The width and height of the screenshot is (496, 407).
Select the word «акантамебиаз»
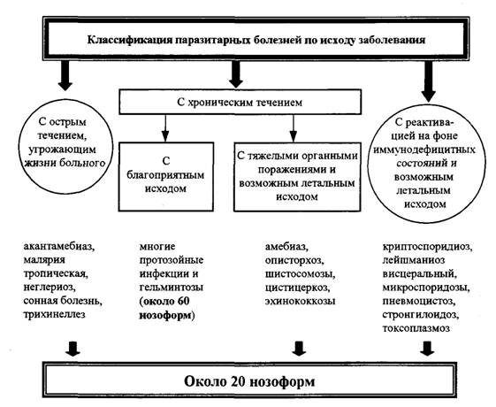click(59, 246)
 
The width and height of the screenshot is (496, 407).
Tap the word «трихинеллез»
click(54, 315)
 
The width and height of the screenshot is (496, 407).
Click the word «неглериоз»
click(50, 288)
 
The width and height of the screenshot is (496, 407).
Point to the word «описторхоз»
click(294, 260)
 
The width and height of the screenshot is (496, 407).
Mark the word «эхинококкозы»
click(300, 301)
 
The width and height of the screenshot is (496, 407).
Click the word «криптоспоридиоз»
click(428, 247)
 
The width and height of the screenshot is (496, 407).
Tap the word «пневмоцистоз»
click(419, 301)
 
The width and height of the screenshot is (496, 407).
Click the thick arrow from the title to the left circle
click(65, 75)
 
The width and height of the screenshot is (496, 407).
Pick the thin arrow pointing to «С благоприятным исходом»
click(165, 128)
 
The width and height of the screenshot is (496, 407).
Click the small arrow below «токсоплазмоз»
click(427, 348)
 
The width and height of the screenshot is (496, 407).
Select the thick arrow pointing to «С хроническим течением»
click(236, 74)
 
